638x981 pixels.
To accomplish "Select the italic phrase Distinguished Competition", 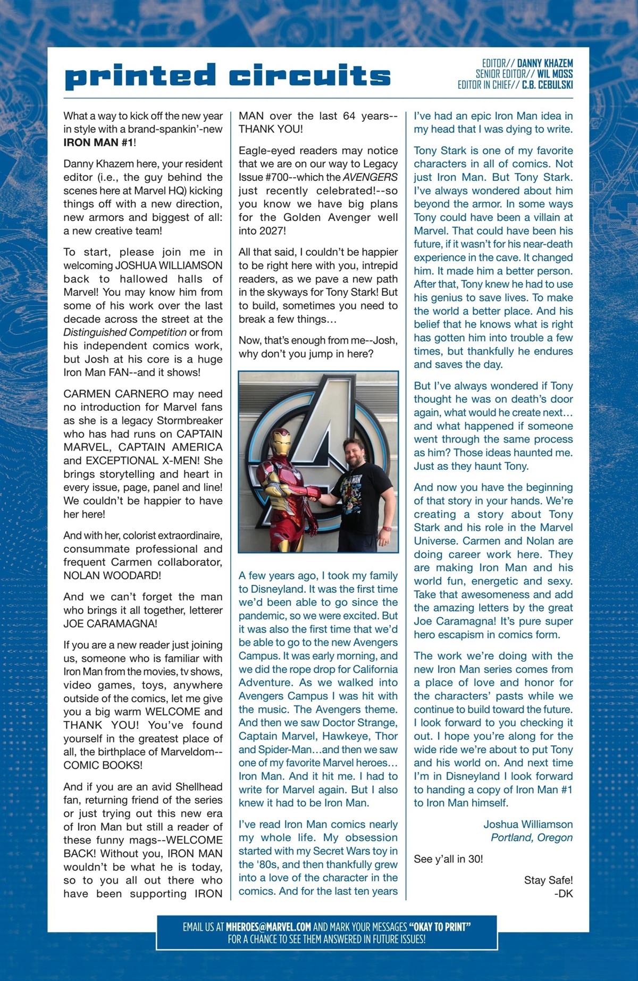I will pos(125,332).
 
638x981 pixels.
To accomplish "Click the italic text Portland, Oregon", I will pos(532,838).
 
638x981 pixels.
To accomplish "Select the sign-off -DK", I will pos(563,894).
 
